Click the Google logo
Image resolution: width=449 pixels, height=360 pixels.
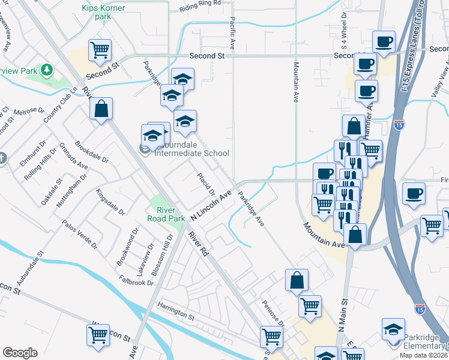click(20, 353)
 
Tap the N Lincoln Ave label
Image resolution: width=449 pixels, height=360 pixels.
click(211, 205)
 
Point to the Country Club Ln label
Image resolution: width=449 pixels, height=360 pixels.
click(60, 106)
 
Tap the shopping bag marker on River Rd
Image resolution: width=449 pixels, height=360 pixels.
click(101, 109)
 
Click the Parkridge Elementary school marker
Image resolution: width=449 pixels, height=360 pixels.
click(394, 330)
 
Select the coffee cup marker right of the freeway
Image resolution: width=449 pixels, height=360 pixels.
click(414, 194)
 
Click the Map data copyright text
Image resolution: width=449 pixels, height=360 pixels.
click(424, 355)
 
